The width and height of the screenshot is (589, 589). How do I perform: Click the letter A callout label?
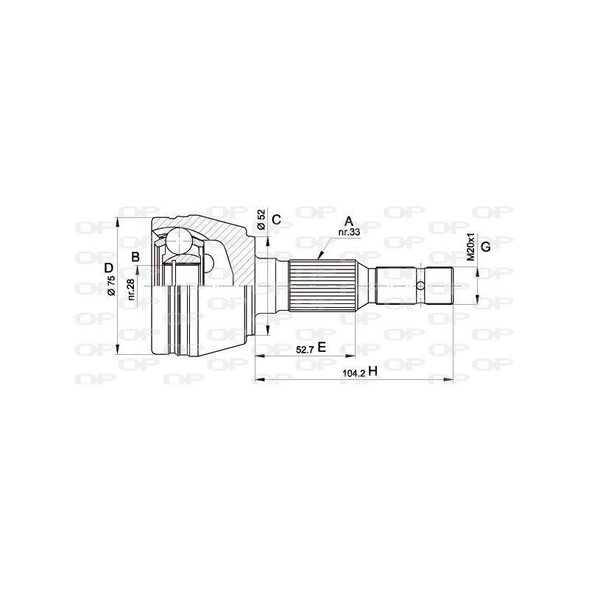(349, 220)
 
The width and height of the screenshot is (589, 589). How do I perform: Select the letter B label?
(135, 257)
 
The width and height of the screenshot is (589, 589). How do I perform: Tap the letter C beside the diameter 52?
(276, 219)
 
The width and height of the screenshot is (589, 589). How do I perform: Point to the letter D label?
(107, 268)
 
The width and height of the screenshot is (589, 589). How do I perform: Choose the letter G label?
(485, 246)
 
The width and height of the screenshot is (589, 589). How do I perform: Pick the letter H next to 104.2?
(373, 373)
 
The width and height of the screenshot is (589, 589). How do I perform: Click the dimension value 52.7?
(306, 350)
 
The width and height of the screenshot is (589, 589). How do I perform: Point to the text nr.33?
(348, 233)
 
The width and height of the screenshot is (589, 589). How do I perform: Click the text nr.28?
(130, 289)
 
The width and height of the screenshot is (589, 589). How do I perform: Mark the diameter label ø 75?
(110, 285)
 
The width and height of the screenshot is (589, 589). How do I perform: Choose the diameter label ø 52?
(261, 219)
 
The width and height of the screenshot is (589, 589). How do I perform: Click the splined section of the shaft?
(322, 285)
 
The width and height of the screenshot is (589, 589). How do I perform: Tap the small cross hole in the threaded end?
(420, 286)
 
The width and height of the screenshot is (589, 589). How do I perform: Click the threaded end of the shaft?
(437, 285)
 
